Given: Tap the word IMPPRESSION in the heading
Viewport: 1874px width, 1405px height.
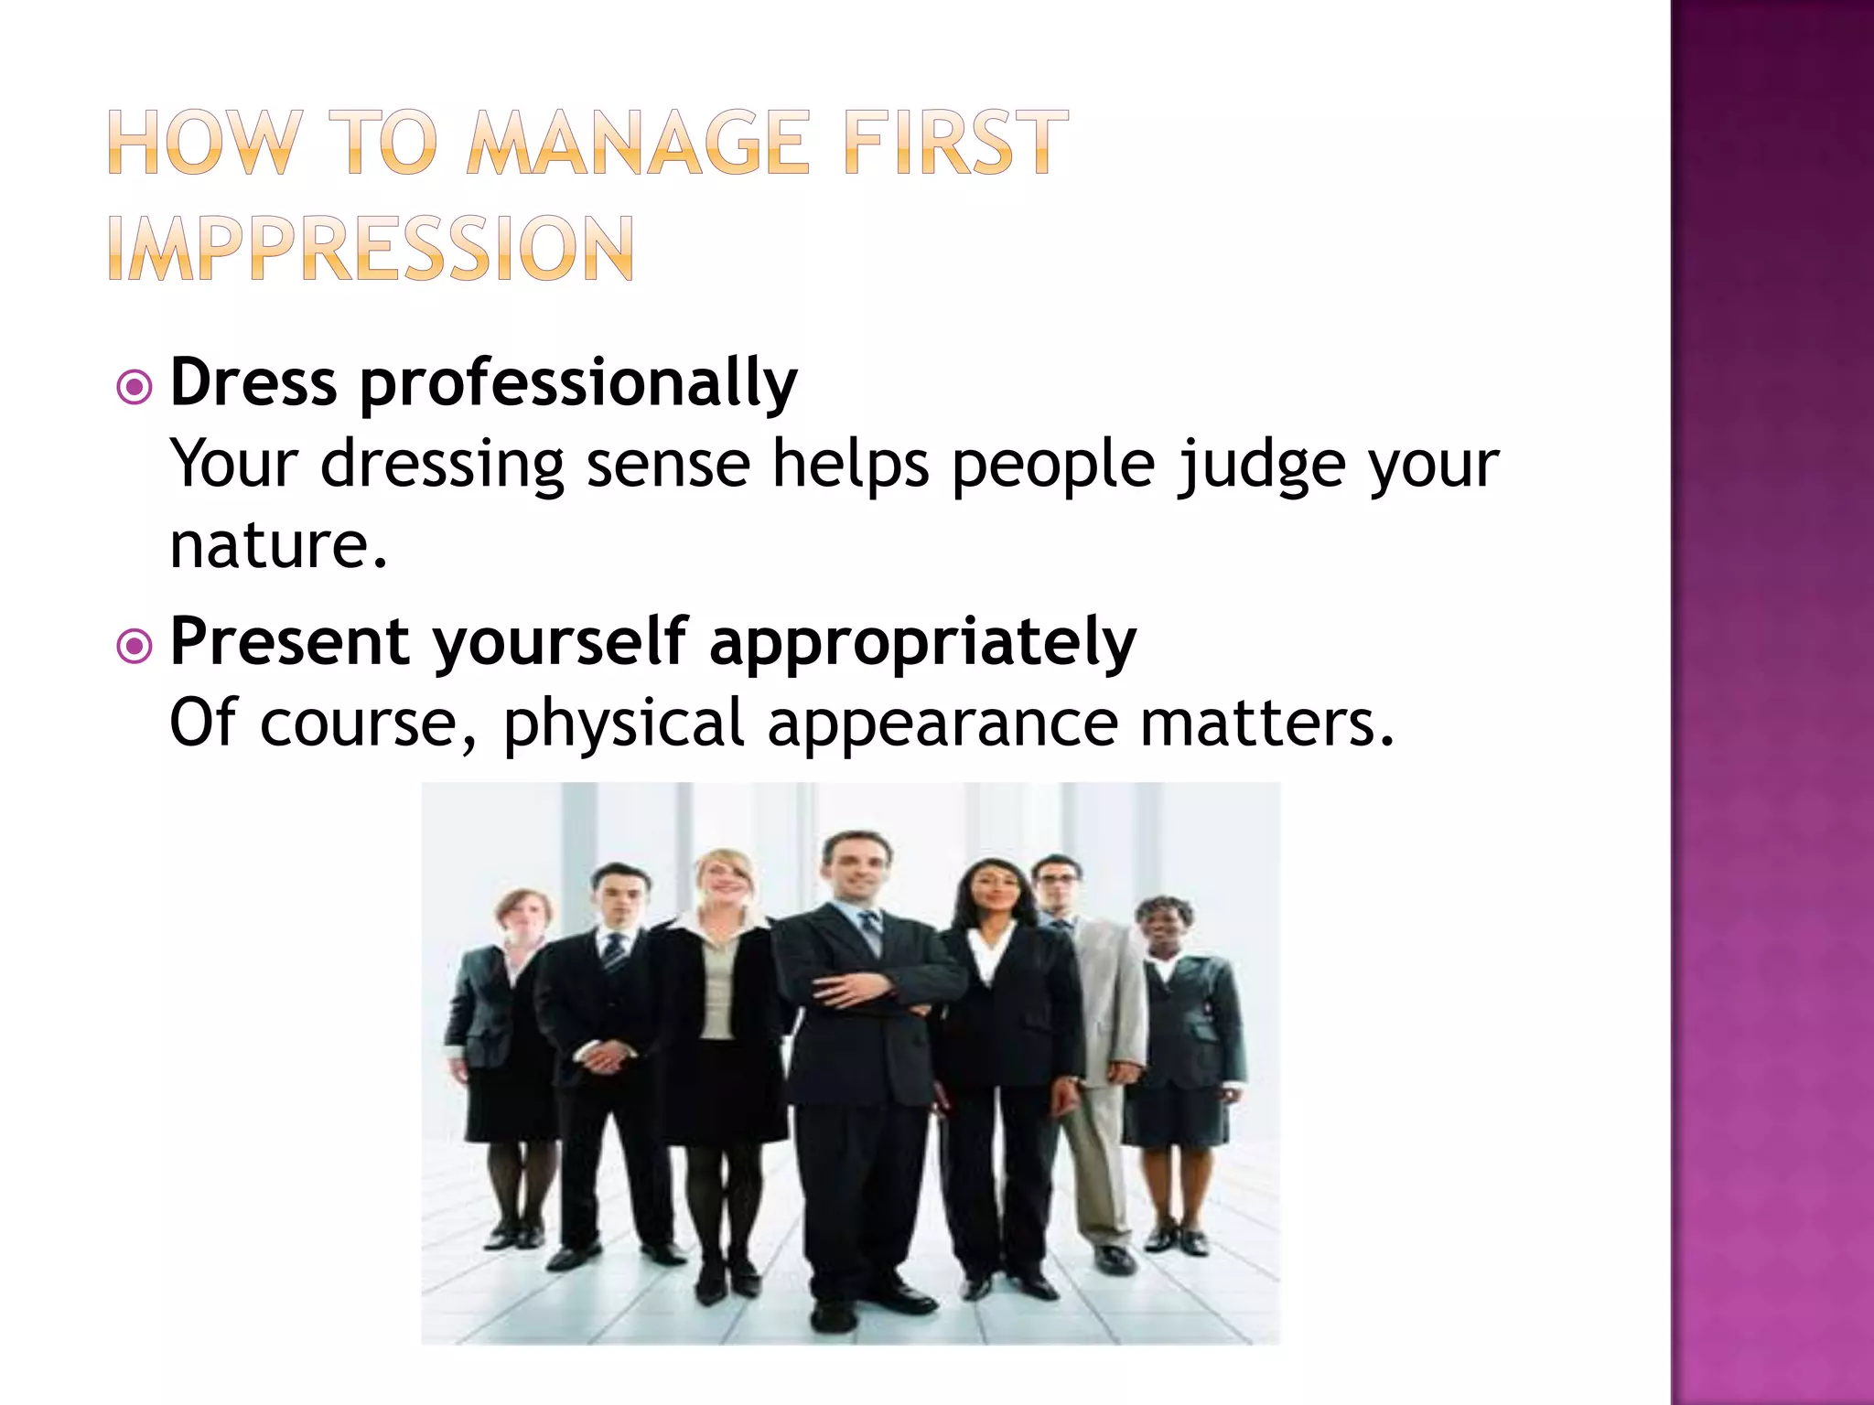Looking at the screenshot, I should click(371, 249).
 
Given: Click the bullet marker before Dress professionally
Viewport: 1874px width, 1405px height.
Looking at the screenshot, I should click(135, 388).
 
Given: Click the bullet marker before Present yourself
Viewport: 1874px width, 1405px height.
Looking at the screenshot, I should click(135, 647).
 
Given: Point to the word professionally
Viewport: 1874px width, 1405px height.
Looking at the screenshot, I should click(577, 384).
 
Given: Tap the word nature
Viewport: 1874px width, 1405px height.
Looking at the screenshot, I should click(278, 545).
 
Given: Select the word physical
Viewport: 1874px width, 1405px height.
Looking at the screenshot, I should click(624, 724).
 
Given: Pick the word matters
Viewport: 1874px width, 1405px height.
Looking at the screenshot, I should click(1267, 724).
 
